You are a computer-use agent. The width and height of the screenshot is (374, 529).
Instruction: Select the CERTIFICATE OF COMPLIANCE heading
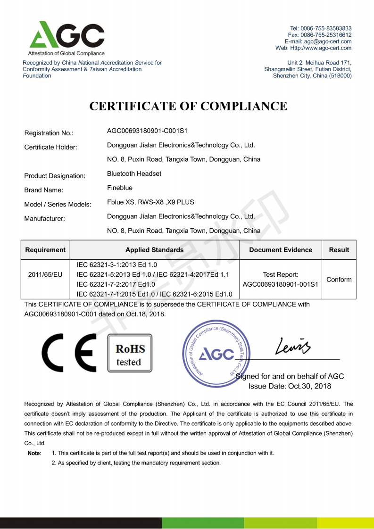[x=188, y=106]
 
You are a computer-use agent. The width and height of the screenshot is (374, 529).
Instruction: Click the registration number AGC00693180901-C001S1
[x=148, y=131]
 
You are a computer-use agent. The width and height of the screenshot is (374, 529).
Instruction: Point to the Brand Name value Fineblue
[x=120, y=188]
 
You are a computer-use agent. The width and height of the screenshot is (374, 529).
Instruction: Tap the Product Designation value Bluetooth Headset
[x=134, y=174]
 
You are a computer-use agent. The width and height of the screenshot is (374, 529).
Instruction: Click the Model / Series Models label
[x=58, y=205]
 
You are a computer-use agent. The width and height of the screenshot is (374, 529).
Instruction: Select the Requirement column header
[x=45, y=250]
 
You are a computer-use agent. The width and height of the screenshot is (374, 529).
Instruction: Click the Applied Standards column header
[x=155, y=250]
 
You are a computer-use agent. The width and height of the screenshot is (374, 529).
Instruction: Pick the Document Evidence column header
[x=281, y=250]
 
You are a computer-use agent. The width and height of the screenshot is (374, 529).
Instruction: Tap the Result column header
[x=339, y=250]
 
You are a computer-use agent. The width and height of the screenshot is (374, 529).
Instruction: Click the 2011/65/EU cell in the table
[x=45, y=274]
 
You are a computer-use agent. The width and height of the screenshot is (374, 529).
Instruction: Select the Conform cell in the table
[x=339, y=280]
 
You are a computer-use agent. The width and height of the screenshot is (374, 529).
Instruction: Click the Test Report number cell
[x=281, y=279]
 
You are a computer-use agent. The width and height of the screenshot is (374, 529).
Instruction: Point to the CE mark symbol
[x=69, y=353]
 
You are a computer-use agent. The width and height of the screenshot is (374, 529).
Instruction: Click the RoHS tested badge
[x=129, y=355]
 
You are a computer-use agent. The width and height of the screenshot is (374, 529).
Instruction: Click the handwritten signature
[x=291, y=348]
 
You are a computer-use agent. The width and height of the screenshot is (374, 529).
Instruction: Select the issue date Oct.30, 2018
[x=310, y=387]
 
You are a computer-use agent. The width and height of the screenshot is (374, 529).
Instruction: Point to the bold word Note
[x=34, y=453]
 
